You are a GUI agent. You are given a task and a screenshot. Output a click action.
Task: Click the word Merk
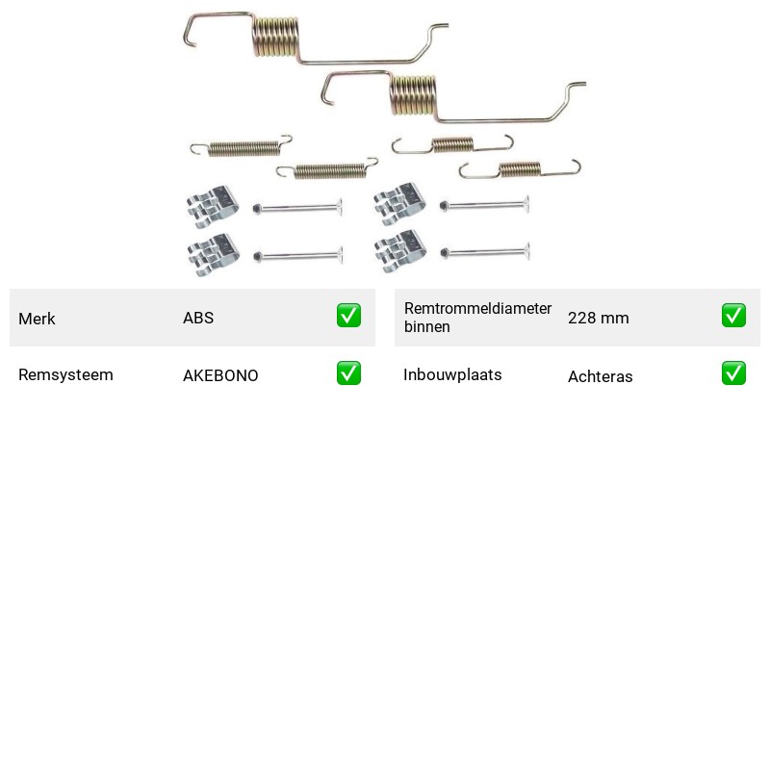coord(37,319)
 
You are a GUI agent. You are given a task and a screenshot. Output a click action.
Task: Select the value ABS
coord(198,318)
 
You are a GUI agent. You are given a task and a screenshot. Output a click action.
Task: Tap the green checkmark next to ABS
coord(348,316)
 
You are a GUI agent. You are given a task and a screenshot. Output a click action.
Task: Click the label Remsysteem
coord(65,374)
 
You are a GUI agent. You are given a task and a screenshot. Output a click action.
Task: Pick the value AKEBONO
coord(220,375)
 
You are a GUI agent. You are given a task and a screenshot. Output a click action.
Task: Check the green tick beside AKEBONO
coord(348,373)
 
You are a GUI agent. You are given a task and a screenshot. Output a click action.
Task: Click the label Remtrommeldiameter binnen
coord(477,318)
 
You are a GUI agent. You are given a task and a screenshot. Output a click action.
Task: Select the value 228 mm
coord(598,318)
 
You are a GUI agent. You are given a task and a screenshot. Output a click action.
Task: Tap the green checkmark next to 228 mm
coord(733,316)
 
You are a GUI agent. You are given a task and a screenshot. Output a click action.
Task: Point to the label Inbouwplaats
coord(452,374)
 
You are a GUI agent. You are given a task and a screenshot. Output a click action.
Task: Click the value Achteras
coord(600,376)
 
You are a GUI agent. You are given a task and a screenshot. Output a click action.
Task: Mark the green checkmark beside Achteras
coord(733,373)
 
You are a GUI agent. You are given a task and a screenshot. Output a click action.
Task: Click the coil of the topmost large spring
coord(275,37)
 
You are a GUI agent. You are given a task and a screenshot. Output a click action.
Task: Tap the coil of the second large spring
coord(414,95)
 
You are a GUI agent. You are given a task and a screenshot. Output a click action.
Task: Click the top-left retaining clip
coord(213,207)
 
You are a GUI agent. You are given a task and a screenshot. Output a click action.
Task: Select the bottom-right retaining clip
coord(399,251)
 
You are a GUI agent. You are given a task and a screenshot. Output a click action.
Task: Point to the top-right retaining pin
coord(485,205)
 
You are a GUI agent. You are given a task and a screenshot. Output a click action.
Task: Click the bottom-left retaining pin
coord(298,256)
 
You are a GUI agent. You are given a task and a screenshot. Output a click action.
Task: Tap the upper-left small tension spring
coord(242,147)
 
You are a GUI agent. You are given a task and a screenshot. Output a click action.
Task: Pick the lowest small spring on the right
coord(520,169)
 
